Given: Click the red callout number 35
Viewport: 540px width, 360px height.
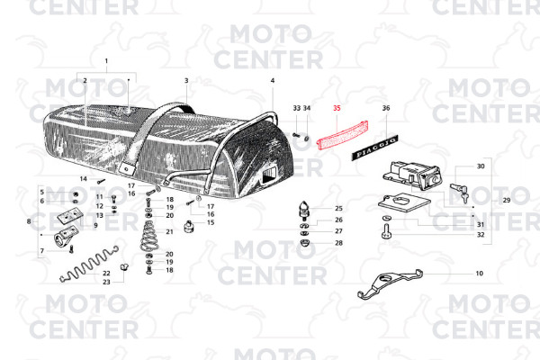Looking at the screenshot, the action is [x=337, y=108].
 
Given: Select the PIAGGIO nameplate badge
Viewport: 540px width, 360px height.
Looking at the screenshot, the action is [x=375, y=148].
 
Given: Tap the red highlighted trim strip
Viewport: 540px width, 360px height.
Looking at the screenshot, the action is [x=342, y=135].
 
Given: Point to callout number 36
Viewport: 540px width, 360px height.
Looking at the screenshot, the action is [x=386, y=108].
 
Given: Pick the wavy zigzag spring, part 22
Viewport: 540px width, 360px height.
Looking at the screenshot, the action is [x=89, y=264].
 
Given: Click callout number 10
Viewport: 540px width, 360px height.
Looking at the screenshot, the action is [x=480, y=274].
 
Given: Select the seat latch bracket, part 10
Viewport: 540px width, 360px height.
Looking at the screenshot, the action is [x=390, y=283].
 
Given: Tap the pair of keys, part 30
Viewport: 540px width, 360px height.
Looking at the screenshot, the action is [x=459, y=193].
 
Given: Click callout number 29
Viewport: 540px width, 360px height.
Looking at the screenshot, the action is [x=506, y=200].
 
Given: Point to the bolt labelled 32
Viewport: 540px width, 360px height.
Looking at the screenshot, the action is [x=386, y=231].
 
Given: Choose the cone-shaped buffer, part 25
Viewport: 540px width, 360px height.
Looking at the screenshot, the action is [x=304, y=211].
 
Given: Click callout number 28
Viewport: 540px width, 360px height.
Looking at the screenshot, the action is [x=339, y=243].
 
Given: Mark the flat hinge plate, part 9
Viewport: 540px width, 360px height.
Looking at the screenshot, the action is [x=70, y=217].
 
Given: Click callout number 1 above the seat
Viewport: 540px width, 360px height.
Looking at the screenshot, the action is [x=106, y=61].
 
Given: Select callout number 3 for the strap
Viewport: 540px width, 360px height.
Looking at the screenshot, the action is [x=186, y=81].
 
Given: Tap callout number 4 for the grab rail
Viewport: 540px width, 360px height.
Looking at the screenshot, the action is [x=273, y=81].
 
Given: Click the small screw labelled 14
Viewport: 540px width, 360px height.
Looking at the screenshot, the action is [x=100, y=181].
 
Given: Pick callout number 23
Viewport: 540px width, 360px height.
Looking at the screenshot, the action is [x=106, y=282].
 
